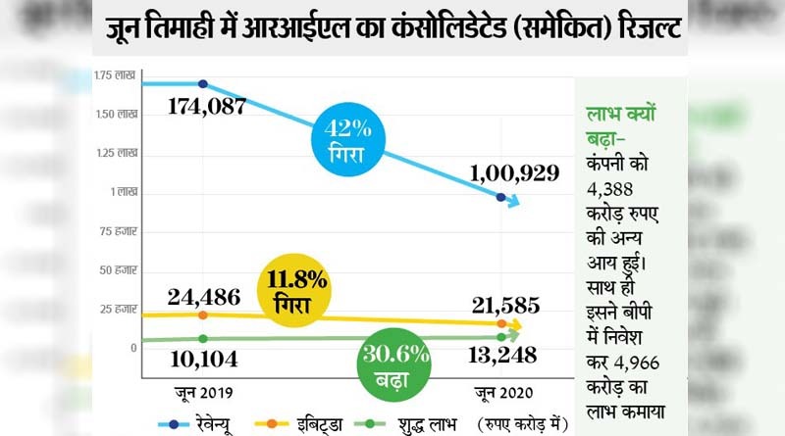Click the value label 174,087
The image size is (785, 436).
[x=205, y=107]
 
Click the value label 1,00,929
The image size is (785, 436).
[x=514, y=173]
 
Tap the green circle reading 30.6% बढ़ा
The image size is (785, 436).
[x=384, y=364]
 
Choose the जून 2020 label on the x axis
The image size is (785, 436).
[x=501, y=394]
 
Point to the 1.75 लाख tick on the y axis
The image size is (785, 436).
[x=116, y=76]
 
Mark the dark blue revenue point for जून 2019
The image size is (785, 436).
[x=203, y=84]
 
